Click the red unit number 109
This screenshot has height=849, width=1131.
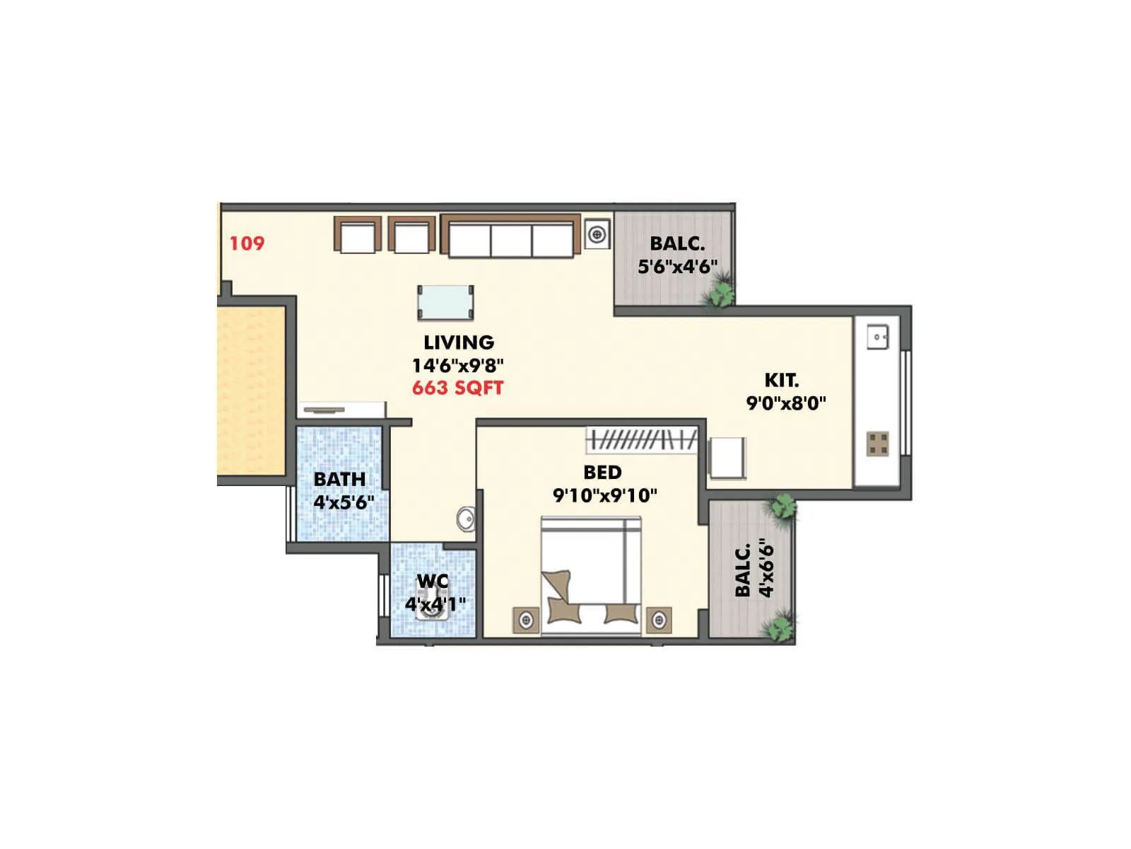click(x=247, y=243)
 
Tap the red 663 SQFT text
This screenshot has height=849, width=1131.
click(x=457, y=388)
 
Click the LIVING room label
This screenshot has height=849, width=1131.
click(x=459, y=342)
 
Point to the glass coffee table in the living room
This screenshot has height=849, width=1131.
click(x=445, y=303)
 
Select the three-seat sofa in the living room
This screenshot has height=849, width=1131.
click(x=510, y=236)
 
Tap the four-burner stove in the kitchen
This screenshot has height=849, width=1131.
click(x=878, y=444)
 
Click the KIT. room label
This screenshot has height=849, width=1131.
click(x=782, y=380)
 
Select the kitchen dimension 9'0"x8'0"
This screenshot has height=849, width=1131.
click(x=786, y=403)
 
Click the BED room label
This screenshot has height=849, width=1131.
click(x=602, y=472)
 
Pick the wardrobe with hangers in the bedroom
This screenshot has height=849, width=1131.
click(x=642, y=440)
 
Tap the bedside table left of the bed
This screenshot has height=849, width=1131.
click(x=526, y=620)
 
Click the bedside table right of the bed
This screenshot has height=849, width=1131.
click(x=659, y=620)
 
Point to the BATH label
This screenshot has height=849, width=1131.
click(x=339, y=479)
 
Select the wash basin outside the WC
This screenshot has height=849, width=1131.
click(x=466, y=519)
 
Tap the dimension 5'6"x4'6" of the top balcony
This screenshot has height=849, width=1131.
click(x=677, y=267)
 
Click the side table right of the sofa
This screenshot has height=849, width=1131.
click(x=597, y=233)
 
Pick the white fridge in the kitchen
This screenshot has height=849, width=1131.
click(x=727, y=458)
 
